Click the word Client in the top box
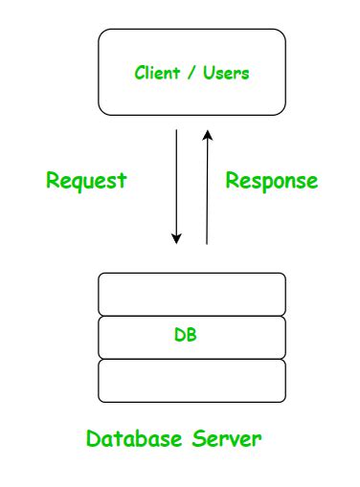pos(156,73)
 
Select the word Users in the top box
pos(226,73)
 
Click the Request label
pos(86,181)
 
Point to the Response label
pos(271,181)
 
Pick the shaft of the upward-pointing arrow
pos(207,191)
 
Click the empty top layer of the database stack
pos(191,294)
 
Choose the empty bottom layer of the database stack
pos(191,380)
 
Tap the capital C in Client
pos(140,73)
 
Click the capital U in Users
pos(208,73)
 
